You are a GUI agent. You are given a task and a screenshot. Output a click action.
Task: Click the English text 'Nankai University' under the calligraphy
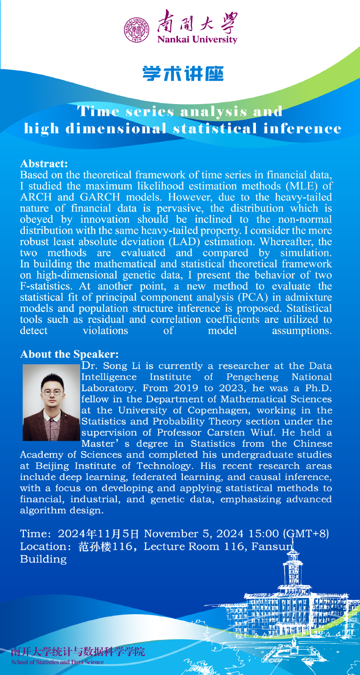click(196, 40)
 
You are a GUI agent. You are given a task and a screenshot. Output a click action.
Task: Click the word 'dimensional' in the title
click(115, 128)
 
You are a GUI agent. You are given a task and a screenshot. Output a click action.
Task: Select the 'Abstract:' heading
click(44, 162)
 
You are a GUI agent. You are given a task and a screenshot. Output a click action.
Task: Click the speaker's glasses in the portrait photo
click(51, 392)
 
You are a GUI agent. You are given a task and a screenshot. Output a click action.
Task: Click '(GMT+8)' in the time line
click(305, 534)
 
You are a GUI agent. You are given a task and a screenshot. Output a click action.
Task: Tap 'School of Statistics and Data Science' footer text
click(57, 662)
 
